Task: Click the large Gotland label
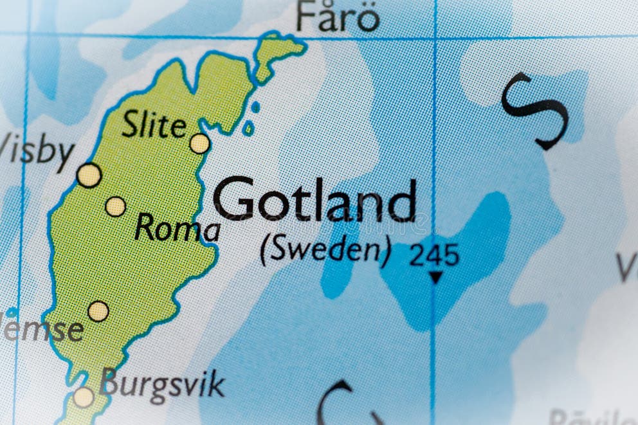(x=314, y=200)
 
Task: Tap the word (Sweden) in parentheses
(x=325, y=251)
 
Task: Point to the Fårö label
(x=338, y=17)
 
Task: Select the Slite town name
(x=154, y=125)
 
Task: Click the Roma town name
(x=177, y=229)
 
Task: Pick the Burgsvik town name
(x=163, y=384)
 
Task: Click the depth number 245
(x=435, y=255)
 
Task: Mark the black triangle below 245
(x=436, y=277)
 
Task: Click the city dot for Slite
(x=199, y=143)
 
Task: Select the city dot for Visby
(x=89, y=175)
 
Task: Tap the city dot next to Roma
(x=115, y=206)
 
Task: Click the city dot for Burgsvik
(x=83, y=397)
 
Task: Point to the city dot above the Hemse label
(x=98, y=311)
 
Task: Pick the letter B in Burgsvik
(x=110, y=383)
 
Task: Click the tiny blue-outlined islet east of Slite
(x=248, y=128)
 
